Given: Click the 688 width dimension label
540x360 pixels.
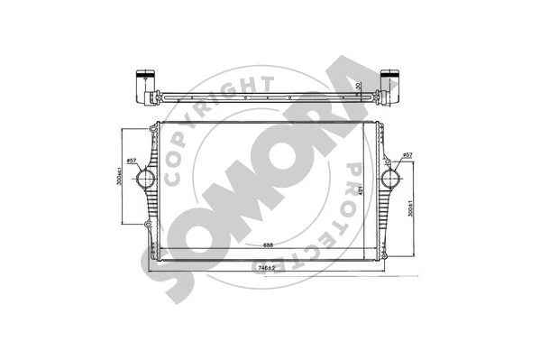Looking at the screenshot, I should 269,245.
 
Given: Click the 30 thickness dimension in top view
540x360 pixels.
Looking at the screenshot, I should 358,86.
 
